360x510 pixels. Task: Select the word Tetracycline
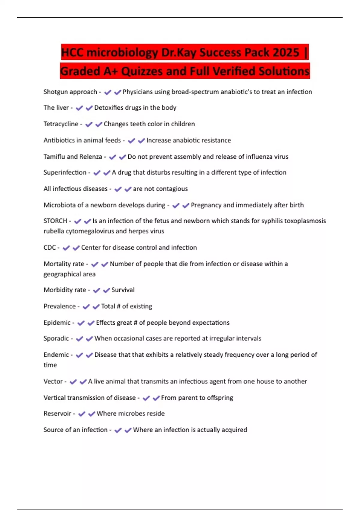pos(61,124)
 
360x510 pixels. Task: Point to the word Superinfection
pos(65,172)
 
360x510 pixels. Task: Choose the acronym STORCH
pos(55,221)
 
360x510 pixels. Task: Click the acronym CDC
pos(49,247)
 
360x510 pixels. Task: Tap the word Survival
pos(123,290)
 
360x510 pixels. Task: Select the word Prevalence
pos(59,306)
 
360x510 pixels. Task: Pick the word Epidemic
pos(57,323)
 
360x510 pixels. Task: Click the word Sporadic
pos(56,338)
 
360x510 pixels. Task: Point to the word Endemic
pos(56,355)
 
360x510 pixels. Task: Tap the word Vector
pos(53,382)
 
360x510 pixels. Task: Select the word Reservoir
pos(57,414)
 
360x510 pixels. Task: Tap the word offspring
pos(218,398)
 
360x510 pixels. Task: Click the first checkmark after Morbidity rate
pos(96,290)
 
